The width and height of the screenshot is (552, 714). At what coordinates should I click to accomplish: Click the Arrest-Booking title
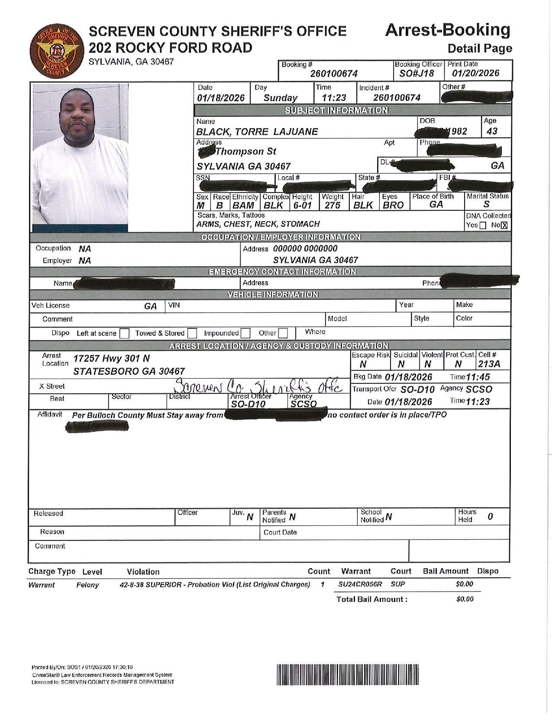(x=447, y=30)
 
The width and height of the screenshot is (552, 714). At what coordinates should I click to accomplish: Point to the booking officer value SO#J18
(x=416, y=74)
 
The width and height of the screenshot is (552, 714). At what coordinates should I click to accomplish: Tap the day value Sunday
(x=281, y=98)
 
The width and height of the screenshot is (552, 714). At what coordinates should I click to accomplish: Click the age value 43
(x=492, y=132)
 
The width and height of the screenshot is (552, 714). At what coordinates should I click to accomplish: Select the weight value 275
(x=332, y=206)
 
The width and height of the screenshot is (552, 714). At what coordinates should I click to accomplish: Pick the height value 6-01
(x=303, y=206)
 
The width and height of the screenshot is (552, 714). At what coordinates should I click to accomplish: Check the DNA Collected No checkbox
(x=504, y=225)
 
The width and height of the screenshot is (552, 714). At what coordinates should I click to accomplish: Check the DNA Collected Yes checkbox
(x=483, y=225)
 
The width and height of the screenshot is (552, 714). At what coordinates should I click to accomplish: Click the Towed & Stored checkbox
(x=192, y=334)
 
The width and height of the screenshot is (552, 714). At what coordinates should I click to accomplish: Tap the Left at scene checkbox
(x=124, y=334)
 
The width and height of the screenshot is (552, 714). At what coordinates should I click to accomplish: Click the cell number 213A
(x=489, y=364)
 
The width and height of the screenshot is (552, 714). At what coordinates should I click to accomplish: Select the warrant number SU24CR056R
(x=360, y=585)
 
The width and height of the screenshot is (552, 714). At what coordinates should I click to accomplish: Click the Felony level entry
(x=87, y=585)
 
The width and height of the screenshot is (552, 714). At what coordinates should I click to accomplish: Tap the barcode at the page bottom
(x=348, y=675)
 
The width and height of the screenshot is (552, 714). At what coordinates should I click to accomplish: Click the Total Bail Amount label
(x=372, y=599)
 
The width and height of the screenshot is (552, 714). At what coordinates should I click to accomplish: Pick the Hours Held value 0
(x=490, y=517)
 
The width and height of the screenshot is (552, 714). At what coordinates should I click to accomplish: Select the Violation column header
(x=143, y=572)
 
